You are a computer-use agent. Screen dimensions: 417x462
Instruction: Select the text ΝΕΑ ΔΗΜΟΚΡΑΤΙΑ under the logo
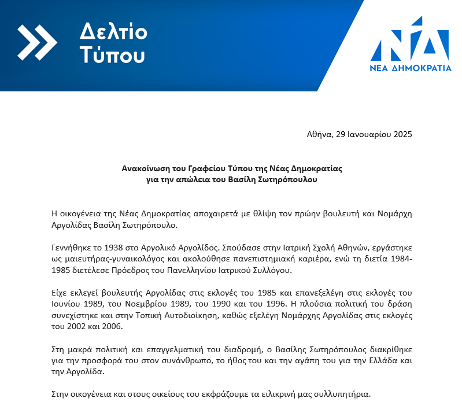tap(411, 68)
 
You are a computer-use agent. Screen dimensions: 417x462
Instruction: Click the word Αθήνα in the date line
tap(319, 134)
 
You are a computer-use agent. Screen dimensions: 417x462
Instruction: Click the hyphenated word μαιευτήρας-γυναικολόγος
tap(112, 259)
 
